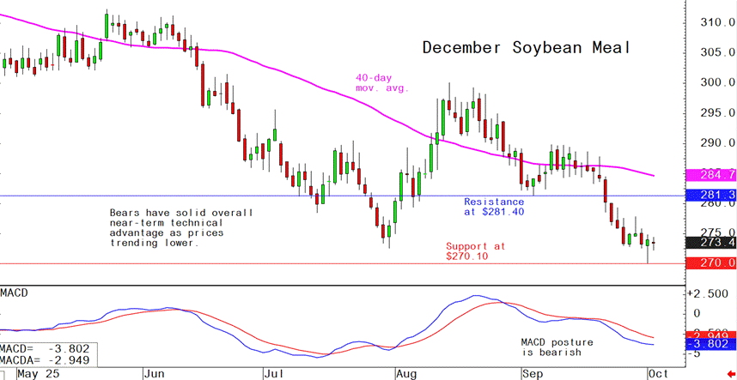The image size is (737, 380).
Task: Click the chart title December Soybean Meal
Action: pos(526,48)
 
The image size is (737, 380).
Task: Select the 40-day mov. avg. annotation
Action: pos(382,82)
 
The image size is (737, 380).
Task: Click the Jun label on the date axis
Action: pos(155,374)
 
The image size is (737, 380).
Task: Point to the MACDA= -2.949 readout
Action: pos(46,361)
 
